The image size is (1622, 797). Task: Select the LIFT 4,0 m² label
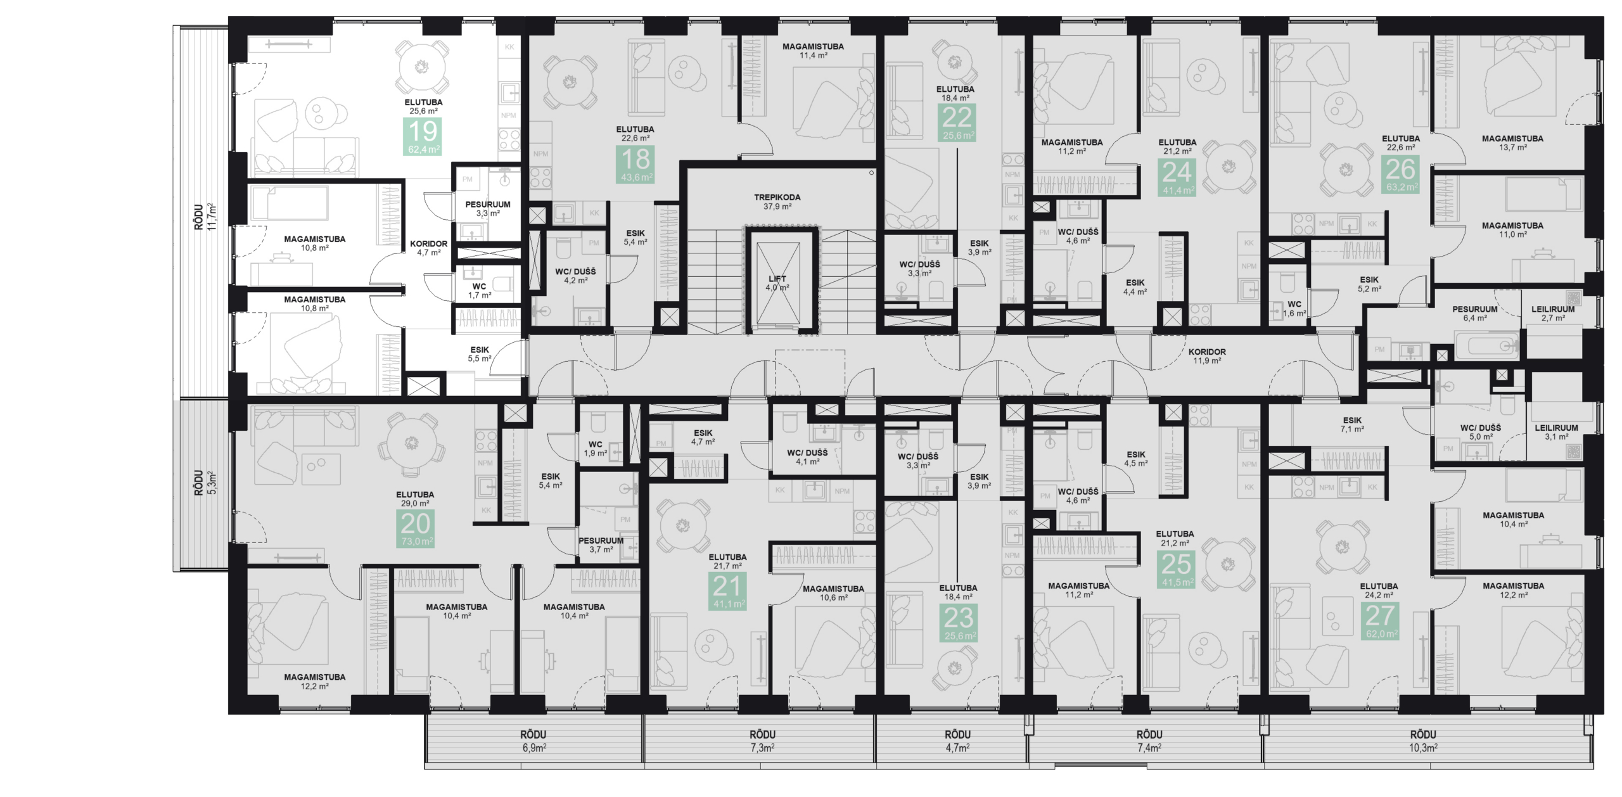click(777, 283)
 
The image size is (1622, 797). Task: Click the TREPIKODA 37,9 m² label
click(777, 201)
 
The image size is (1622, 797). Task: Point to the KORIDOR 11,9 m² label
click(1206, 355)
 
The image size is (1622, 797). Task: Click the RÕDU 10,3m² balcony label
click(1422, 740)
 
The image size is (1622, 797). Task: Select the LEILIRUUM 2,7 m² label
click(1552, 313)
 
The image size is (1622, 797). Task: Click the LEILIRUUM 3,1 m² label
click(1555, 432)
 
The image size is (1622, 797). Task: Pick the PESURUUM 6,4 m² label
click(1474, 313)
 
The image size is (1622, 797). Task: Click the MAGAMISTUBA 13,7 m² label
click(1512, 142)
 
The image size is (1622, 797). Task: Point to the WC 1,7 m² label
click(479, 290)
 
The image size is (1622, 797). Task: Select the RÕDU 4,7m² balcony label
click(957, 740)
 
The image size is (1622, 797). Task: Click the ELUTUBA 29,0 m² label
click(415, 499)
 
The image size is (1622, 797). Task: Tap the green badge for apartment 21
click(727, 591)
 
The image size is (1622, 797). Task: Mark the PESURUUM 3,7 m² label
click(600, 544)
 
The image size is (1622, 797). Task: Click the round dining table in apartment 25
click(1227, 563)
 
